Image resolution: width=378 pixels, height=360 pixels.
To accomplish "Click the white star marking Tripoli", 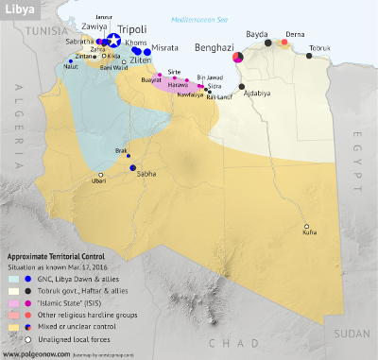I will (x=114, y=41).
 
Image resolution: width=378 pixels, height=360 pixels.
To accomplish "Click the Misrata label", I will (x=165, y=47).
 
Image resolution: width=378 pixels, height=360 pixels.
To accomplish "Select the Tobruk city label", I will (x=320, y=47).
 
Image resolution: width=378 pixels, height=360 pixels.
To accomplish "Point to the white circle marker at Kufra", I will (x=306, y=226).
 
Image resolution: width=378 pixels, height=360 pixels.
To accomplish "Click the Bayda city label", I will (x=256, y=33).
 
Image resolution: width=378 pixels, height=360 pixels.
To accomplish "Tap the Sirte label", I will (x=174, y=71).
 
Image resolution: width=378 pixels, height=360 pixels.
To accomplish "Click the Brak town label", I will (x=119, y=151).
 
